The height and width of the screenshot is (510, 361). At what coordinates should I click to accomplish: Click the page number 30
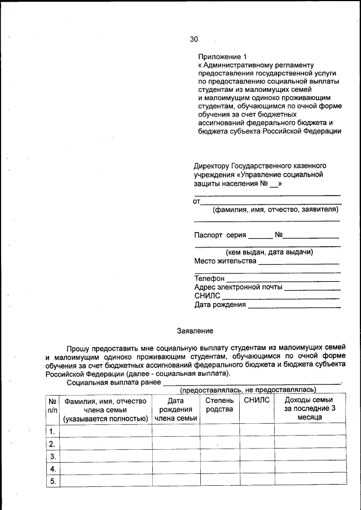tap(194, 39)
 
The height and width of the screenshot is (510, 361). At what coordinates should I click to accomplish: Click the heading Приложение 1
tap(222, 57)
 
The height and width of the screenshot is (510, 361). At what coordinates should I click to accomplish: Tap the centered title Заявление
tap(195, 330)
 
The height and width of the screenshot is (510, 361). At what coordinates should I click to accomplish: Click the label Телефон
tap(209, 278)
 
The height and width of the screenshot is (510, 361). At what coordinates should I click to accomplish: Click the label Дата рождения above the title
tap(220, 305)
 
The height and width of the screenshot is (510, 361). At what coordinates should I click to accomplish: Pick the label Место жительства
tap(225, 261)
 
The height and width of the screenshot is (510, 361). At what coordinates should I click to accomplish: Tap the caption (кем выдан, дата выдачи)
tap(269, 252)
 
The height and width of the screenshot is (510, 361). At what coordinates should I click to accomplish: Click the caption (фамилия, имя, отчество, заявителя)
tap(275, 210)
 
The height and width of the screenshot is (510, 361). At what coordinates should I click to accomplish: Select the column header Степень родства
tap(219, 405)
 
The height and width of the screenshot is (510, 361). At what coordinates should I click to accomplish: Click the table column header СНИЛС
tap(257, 400)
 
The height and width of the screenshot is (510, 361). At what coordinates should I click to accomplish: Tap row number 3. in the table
tap(53, 456)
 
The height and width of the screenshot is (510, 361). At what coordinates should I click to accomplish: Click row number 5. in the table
tap(53, 481)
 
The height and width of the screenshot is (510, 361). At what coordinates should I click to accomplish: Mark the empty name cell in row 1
tap(105, 431)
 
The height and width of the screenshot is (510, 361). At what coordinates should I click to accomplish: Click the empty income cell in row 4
tap(310, 469)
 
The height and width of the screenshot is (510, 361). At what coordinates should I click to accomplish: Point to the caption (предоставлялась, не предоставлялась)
tap(248, 389)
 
